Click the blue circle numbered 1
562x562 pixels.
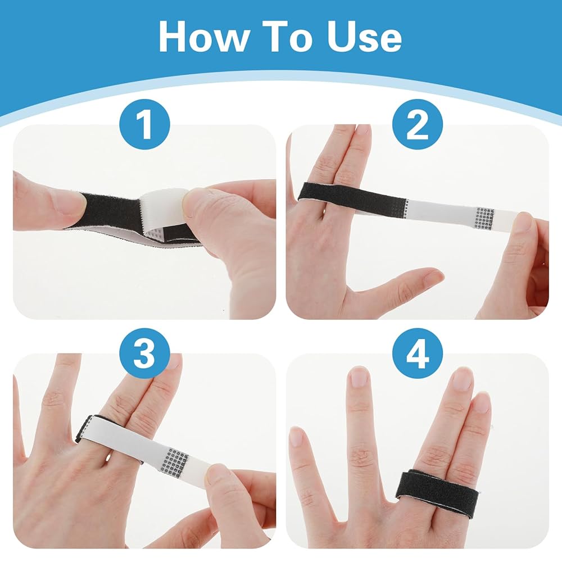[x=144, y=124]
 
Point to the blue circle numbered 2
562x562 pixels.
[x=418, y=124]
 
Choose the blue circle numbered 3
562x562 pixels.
[x=144, y=353]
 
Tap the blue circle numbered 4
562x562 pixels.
[x=418, y=353]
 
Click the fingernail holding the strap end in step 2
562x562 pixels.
[x=524, y=222]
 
